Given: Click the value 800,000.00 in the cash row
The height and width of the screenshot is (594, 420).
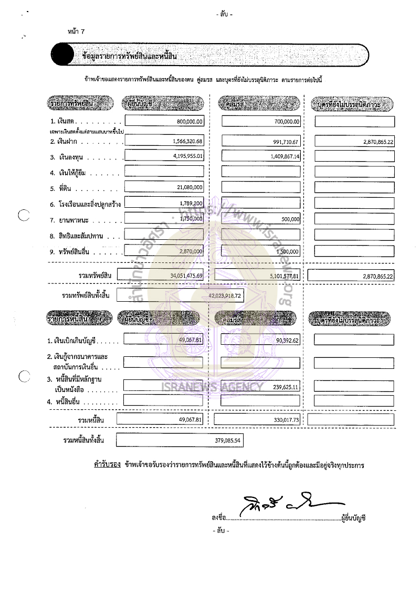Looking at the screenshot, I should (x=190, y=122).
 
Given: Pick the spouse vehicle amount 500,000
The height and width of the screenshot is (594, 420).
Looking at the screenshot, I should (x=289, y=219).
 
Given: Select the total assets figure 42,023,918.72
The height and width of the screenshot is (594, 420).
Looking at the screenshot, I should (x=225, y=296).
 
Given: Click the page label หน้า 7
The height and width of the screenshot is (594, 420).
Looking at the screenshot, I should (x=76, y=32).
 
